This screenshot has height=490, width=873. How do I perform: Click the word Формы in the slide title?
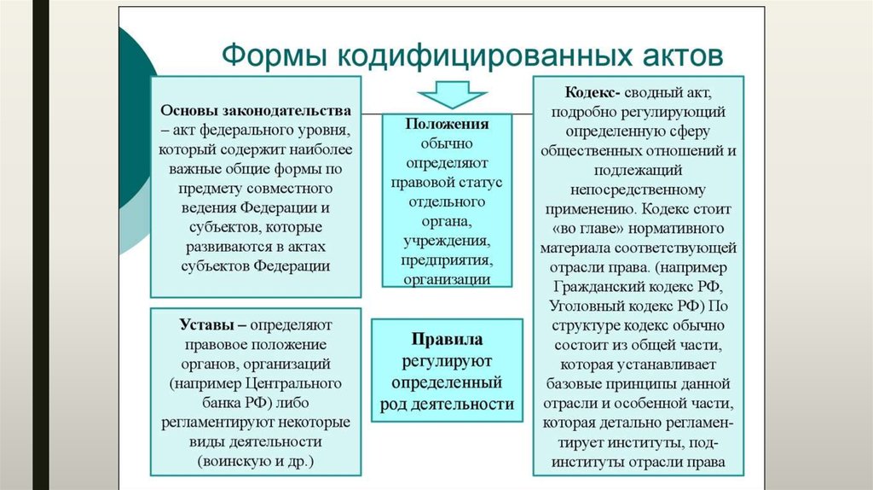point(272,56)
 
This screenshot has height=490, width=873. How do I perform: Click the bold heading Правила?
point(447,339)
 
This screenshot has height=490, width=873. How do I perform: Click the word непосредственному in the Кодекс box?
point(638,190)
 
